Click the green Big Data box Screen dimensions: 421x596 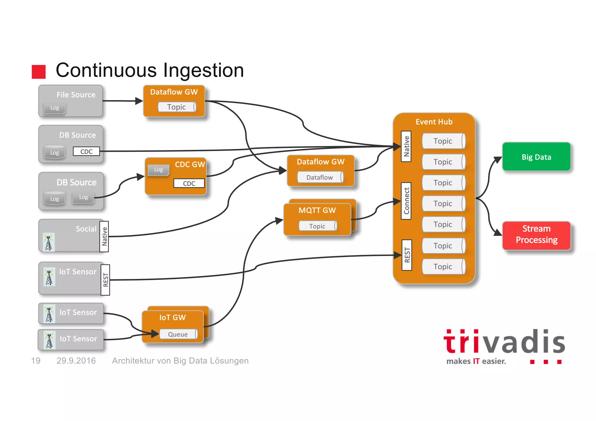536,157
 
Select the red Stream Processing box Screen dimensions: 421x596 536,235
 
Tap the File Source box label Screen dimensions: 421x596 76,95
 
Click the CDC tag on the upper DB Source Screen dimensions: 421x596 86,151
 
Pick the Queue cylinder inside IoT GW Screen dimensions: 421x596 178,334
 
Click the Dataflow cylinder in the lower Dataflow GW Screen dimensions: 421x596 320,177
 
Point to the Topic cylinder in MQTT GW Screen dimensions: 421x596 317,226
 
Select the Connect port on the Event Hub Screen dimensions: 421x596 406,201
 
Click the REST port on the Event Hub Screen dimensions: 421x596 407,255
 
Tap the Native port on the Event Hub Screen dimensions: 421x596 406,146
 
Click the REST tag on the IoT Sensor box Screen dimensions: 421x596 105,280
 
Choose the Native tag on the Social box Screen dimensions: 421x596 104,236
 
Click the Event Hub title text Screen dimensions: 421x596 434,122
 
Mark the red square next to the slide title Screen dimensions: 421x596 39,72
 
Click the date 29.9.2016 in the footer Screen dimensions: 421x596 76,360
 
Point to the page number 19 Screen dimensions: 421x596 36,360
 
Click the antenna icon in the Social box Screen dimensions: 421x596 49,242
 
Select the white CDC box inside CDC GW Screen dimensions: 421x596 189,183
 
